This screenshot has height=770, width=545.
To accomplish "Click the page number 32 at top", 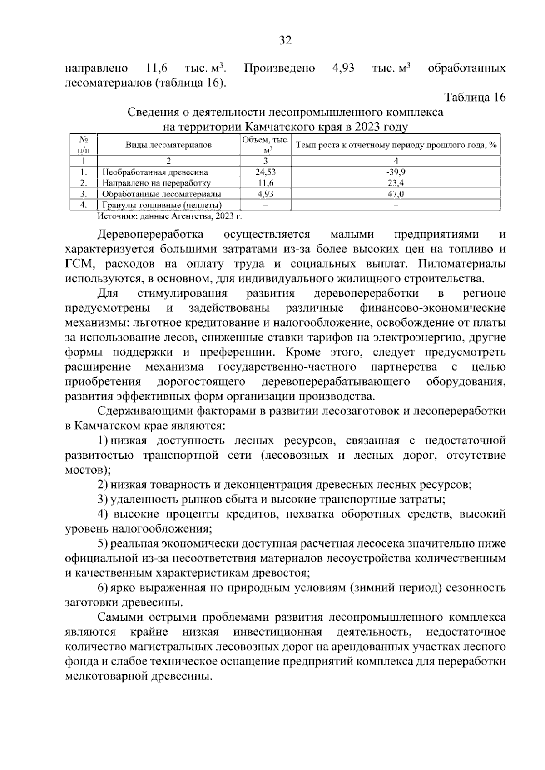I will pos(285,41).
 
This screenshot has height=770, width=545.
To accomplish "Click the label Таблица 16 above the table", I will pos(475,98).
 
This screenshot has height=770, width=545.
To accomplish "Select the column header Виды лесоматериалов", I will pos(168,145).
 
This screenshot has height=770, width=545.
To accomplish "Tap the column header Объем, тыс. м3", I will pos(265,145).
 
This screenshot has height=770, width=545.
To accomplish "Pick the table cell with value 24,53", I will pos(265,172).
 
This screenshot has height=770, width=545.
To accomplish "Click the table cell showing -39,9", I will pos(396,172).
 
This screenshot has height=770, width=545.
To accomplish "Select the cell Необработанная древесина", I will pos(155,172).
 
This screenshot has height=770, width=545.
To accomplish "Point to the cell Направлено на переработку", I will pos(156,183).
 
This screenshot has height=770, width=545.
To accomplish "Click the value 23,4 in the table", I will pos(396,183).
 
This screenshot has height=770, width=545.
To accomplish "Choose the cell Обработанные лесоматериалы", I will pos(161,194).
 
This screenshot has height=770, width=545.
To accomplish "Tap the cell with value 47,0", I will pos(396,194).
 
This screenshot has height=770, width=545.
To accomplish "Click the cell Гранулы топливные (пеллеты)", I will pos(162,205).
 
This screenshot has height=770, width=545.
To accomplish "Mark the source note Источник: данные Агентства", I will pos(170,216).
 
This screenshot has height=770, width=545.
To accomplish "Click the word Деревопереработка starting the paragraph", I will pos(150,235).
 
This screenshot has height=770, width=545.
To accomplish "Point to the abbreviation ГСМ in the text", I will pos(79,264).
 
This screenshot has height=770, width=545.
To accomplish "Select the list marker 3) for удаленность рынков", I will pos(103,500).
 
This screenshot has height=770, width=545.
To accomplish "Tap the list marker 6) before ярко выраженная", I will pos(103,588).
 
